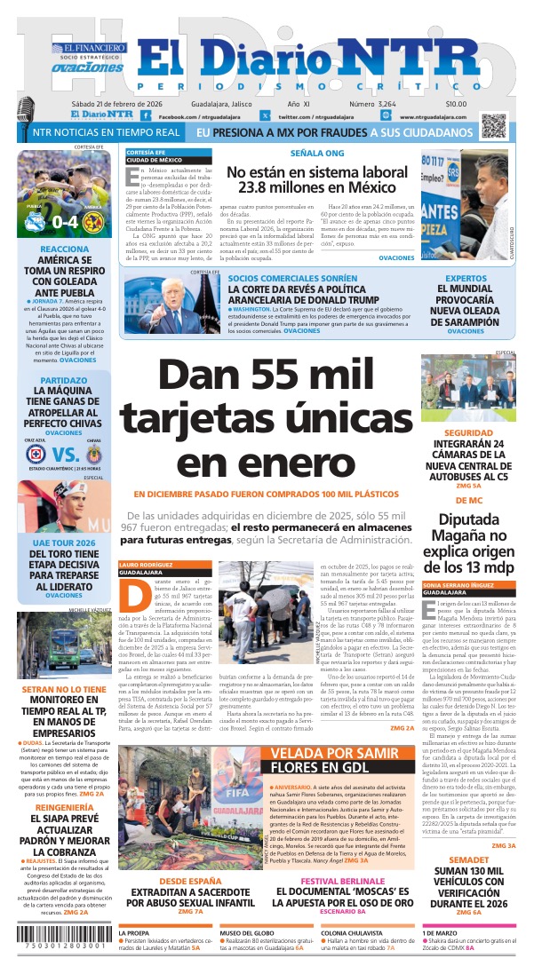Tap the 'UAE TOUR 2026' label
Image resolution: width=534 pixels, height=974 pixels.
(64, 542)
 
